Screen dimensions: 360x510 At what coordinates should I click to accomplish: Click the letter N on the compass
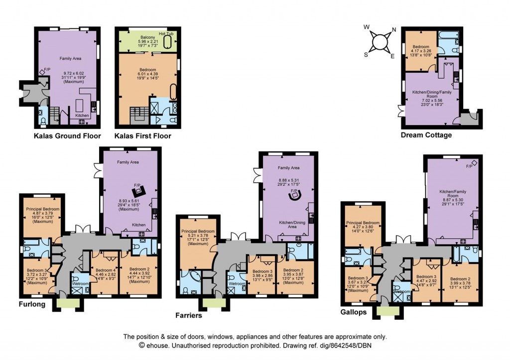(394, 29)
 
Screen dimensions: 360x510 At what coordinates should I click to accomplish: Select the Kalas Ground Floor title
(67, 135)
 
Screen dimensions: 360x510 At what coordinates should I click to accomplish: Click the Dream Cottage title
(426, 135)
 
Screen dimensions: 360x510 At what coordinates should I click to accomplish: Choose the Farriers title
(192, 315)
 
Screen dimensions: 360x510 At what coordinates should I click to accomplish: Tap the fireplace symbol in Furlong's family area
(137, 190)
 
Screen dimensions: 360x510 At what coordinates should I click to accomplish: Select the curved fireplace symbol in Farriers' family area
(296, 195)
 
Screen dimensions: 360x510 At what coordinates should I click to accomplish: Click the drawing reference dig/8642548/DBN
(332, 345)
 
